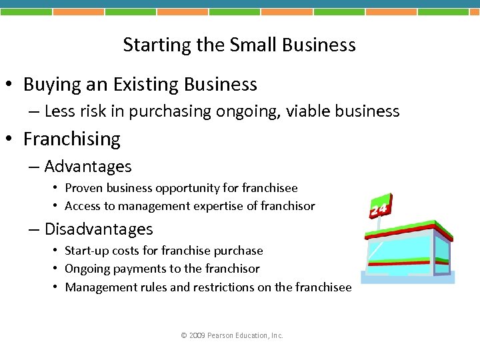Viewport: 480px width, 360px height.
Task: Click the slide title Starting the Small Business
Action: point(239,45)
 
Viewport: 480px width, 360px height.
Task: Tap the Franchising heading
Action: point(71,139)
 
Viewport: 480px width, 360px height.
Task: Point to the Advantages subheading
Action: point(88,167)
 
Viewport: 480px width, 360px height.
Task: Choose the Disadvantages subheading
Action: point(99,229)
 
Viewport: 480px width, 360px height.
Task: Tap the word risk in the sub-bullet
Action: point(94,111)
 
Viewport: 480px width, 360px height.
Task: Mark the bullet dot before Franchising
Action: point(12,140)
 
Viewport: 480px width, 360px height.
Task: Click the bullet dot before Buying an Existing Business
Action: point(12,85)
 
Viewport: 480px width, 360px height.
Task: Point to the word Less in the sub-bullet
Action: point(60,111)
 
